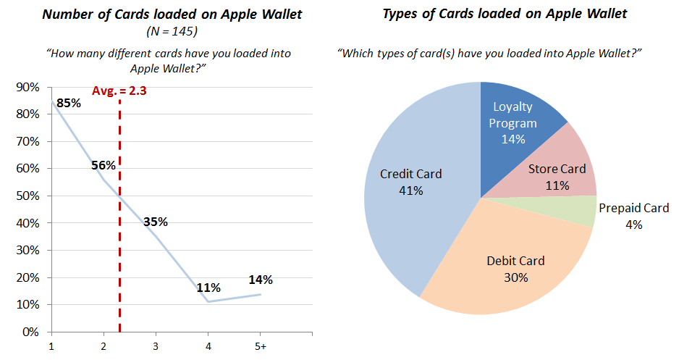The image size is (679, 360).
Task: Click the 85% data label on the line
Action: tap(69, 103)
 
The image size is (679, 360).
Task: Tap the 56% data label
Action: tap(104, 165)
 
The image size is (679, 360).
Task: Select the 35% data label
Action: tap(156, 222)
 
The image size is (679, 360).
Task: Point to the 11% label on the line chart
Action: tap(208, 288)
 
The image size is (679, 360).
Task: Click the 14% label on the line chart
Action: tap(261, 280)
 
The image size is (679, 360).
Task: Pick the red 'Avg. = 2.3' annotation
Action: tap(119, 91)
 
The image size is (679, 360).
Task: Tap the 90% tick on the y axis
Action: tap(28, 87)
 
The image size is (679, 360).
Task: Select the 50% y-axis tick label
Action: tap(28, 196)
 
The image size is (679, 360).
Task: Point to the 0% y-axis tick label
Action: tap(30, 332)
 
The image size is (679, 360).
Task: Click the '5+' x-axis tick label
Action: tap(261, 346)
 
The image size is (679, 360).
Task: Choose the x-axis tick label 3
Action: tap(156, 346)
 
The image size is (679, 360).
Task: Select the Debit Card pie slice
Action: tap(511, 264)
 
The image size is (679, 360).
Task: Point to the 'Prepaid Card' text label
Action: tap(634, 209)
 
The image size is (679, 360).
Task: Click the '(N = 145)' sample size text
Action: tap(172, 32)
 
